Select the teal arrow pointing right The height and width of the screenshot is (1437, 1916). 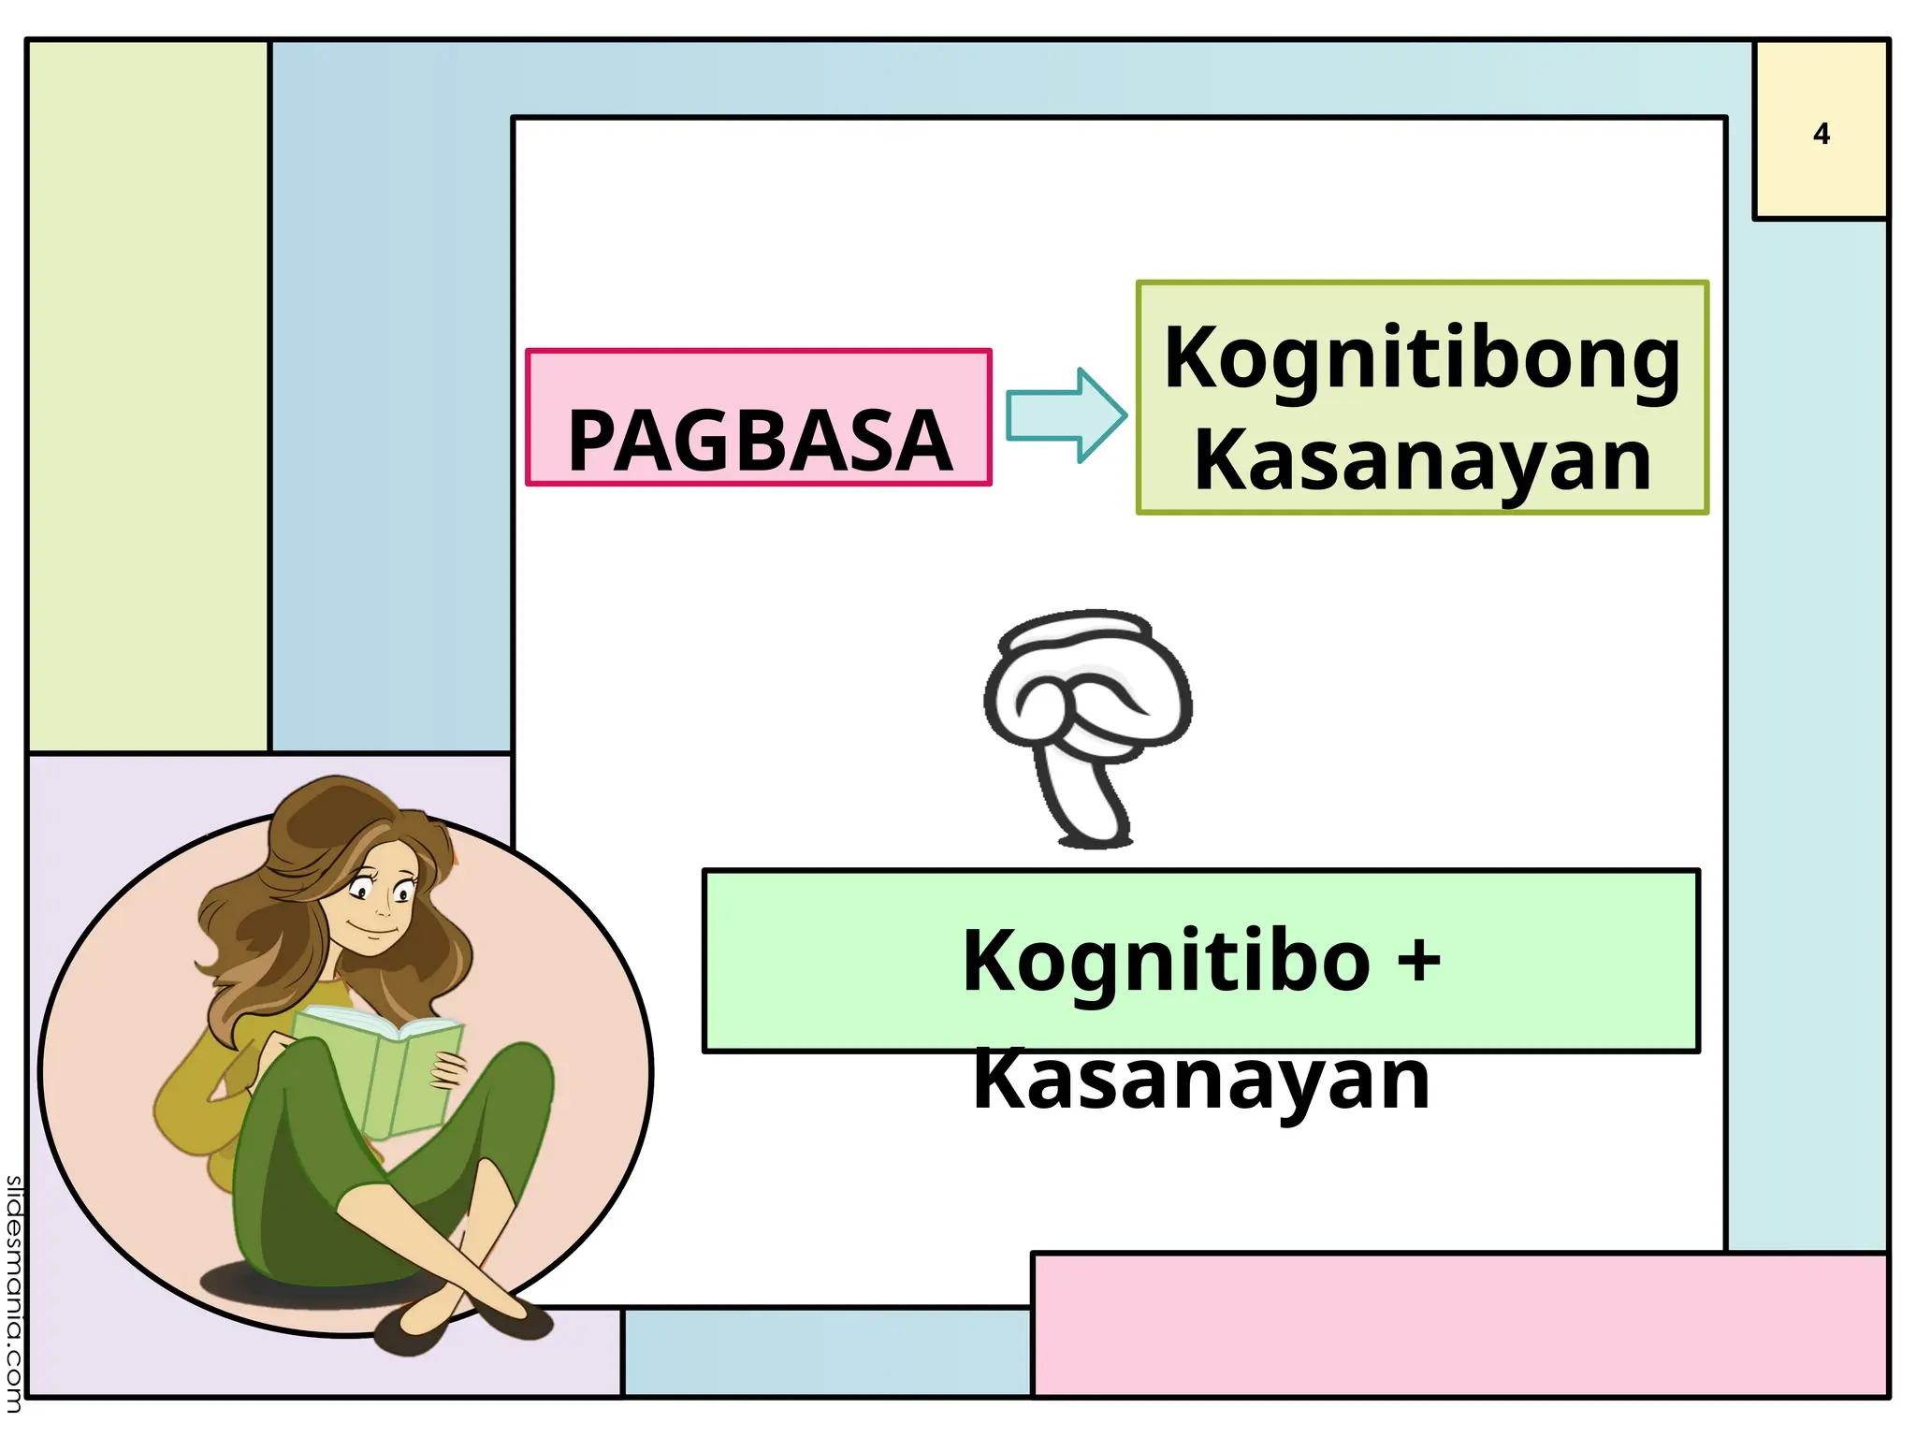click(x=1067, y=415)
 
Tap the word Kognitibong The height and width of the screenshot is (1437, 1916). click(x=1422, y=359)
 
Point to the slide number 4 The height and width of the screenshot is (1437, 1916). click(x=1821, y=135)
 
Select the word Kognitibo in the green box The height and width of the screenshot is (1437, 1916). click(x=1166, y=961)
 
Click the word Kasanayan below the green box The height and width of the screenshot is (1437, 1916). click(x=1201, y=1080)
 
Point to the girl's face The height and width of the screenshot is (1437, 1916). click(x=379, y=903)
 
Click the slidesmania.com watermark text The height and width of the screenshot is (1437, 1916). click(x=13, y=1292)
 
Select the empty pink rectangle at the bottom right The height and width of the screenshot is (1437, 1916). click(x=1459, y=1325)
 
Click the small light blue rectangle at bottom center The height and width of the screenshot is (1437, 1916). click(x=826, y=1353)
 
